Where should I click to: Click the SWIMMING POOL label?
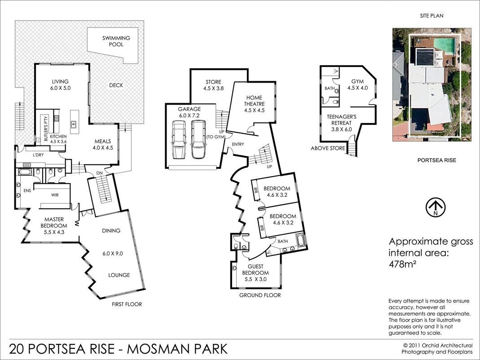tap(116, 41)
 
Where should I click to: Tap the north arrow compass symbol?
tap(435, 207)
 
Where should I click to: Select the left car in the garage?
tap(178, 140)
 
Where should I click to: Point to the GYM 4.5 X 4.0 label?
tap(357, 85)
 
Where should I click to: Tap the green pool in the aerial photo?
tap(445, 44)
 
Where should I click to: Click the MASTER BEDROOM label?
tap(53, 223)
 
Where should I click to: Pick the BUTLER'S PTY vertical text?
tap(45, 128)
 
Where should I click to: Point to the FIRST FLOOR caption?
tap(127, 304)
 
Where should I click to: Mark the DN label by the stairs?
tap(100, 173)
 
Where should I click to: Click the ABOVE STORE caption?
tap(328, 148)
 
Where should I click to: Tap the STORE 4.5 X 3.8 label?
tap(213, 85)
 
